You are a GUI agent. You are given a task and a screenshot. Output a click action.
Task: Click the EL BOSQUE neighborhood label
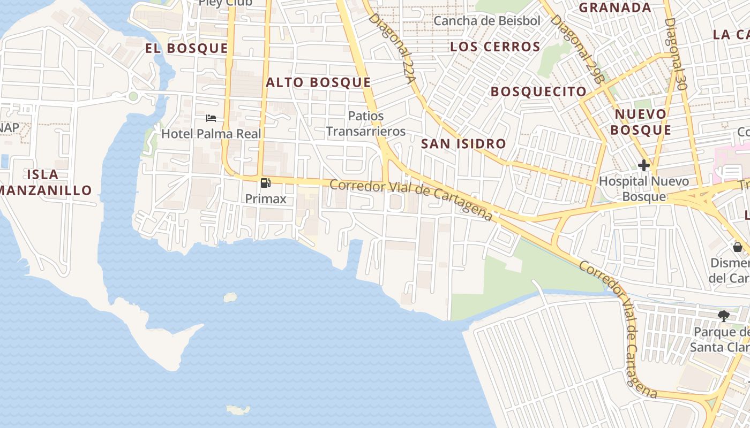tap(186, 48)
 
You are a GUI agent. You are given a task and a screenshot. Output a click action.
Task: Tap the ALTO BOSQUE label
tap(318, 82)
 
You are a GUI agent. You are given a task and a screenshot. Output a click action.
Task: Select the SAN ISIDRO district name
tap(463, 143)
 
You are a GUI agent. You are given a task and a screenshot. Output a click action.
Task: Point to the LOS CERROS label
tap(495, 47)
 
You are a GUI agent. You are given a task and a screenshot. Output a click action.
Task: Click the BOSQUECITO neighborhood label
tap(538, 91)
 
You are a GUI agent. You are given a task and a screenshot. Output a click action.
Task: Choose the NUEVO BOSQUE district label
tap(641, 122)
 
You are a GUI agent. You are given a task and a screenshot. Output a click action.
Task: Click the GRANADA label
tap(615, 7)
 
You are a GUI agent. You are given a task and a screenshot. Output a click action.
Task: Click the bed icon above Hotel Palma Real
tap(211, 118)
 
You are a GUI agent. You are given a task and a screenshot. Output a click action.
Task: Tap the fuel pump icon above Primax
tap(265, 183)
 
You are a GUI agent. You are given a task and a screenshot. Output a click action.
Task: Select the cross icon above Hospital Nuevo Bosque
tap(643, 165)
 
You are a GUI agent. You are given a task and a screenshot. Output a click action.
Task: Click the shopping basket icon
tap(738, 247)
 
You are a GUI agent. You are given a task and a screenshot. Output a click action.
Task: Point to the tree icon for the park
tap(724, 316)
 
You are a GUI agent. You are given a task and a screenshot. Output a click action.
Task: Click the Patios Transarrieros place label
tap(366, 124)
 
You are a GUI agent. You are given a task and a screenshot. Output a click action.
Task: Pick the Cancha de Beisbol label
tap(487, 21)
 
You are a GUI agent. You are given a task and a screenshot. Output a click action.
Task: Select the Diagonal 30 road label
tap(675, 53)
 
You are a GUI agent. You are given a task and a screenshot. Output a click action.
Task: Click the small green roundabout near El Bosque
tap(133, 96)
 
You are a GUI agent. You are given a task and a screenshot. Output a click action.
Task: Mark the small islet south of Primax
tap(230, 297)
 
